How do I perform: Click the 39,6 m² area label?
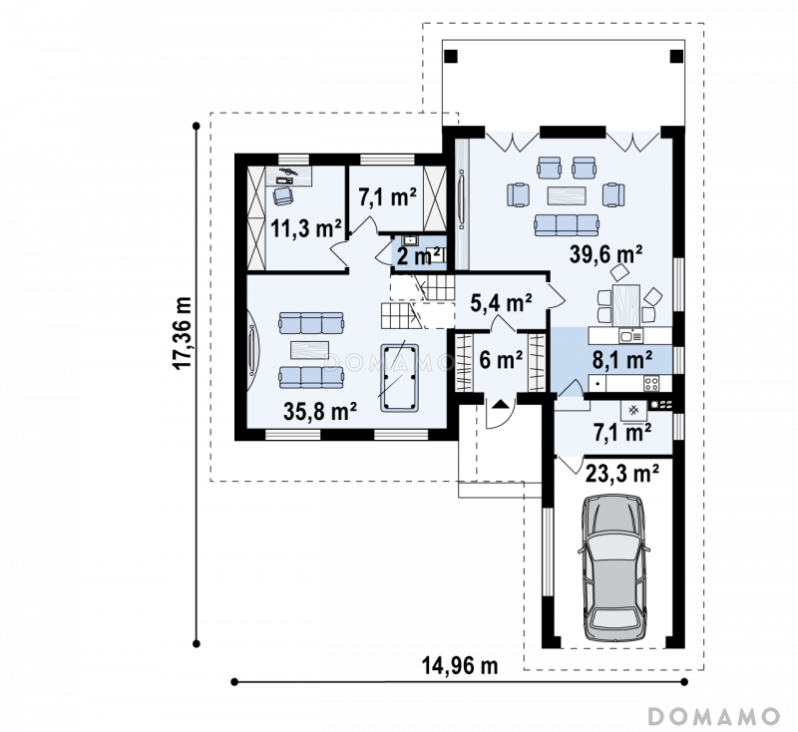click(605, 254)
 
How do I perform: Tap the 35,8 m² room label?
click(319, 411)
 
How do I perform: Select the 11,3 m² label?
click(305, 229)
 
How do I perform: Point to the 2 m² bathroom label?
click(418, 256)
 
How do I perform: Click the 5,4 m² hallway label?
click(501, 303)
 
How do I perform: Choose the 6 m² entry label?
click(501, 360)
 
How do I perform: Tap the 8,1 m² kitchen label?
click(622, 360)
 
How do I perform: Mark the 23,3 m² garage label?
click(622, 474)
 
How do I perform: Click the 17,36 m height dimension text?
click(183, 333)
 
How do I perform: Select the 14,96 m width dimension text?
click(460, 665)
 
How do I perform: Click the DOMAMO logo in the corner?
click(714, 716)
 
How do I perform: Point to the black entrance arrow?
click(501, 405)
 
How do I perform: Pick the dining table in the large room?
click(626, 305)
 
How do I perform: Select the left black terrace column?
click(452, 56)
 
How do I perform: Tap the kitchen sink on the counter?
click(631, 336)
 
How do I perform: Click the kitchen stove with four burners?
click(651, 384)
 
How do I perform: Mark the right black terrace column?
click(677, 56)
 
